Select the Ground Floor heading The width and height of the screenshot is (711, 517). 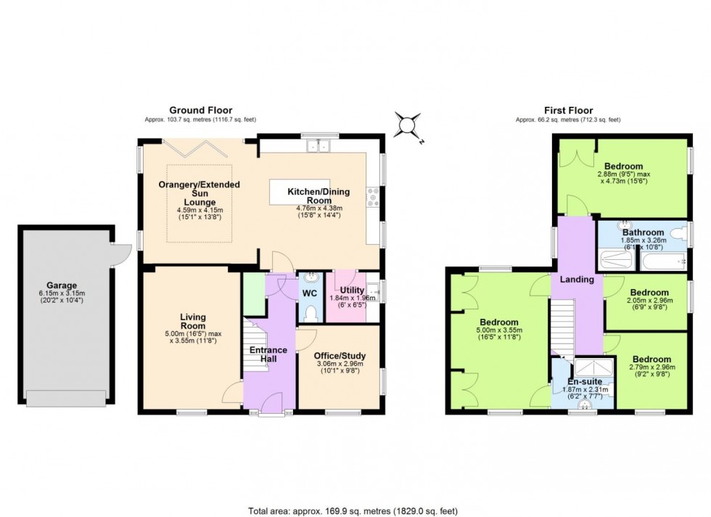click(x=200, y=110)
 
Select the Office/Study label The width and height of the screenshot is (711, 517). click(x=340, y=356)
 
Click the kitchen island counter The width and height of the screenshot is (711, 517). click(x=299, y=192)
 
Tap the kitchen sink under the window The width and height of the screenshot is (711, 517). click(x=318, y=147)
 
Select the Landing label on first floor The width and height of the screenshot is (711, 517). click(x=578, y=279)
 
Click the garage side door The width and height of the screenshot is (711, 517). click(x=120, y=253)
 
